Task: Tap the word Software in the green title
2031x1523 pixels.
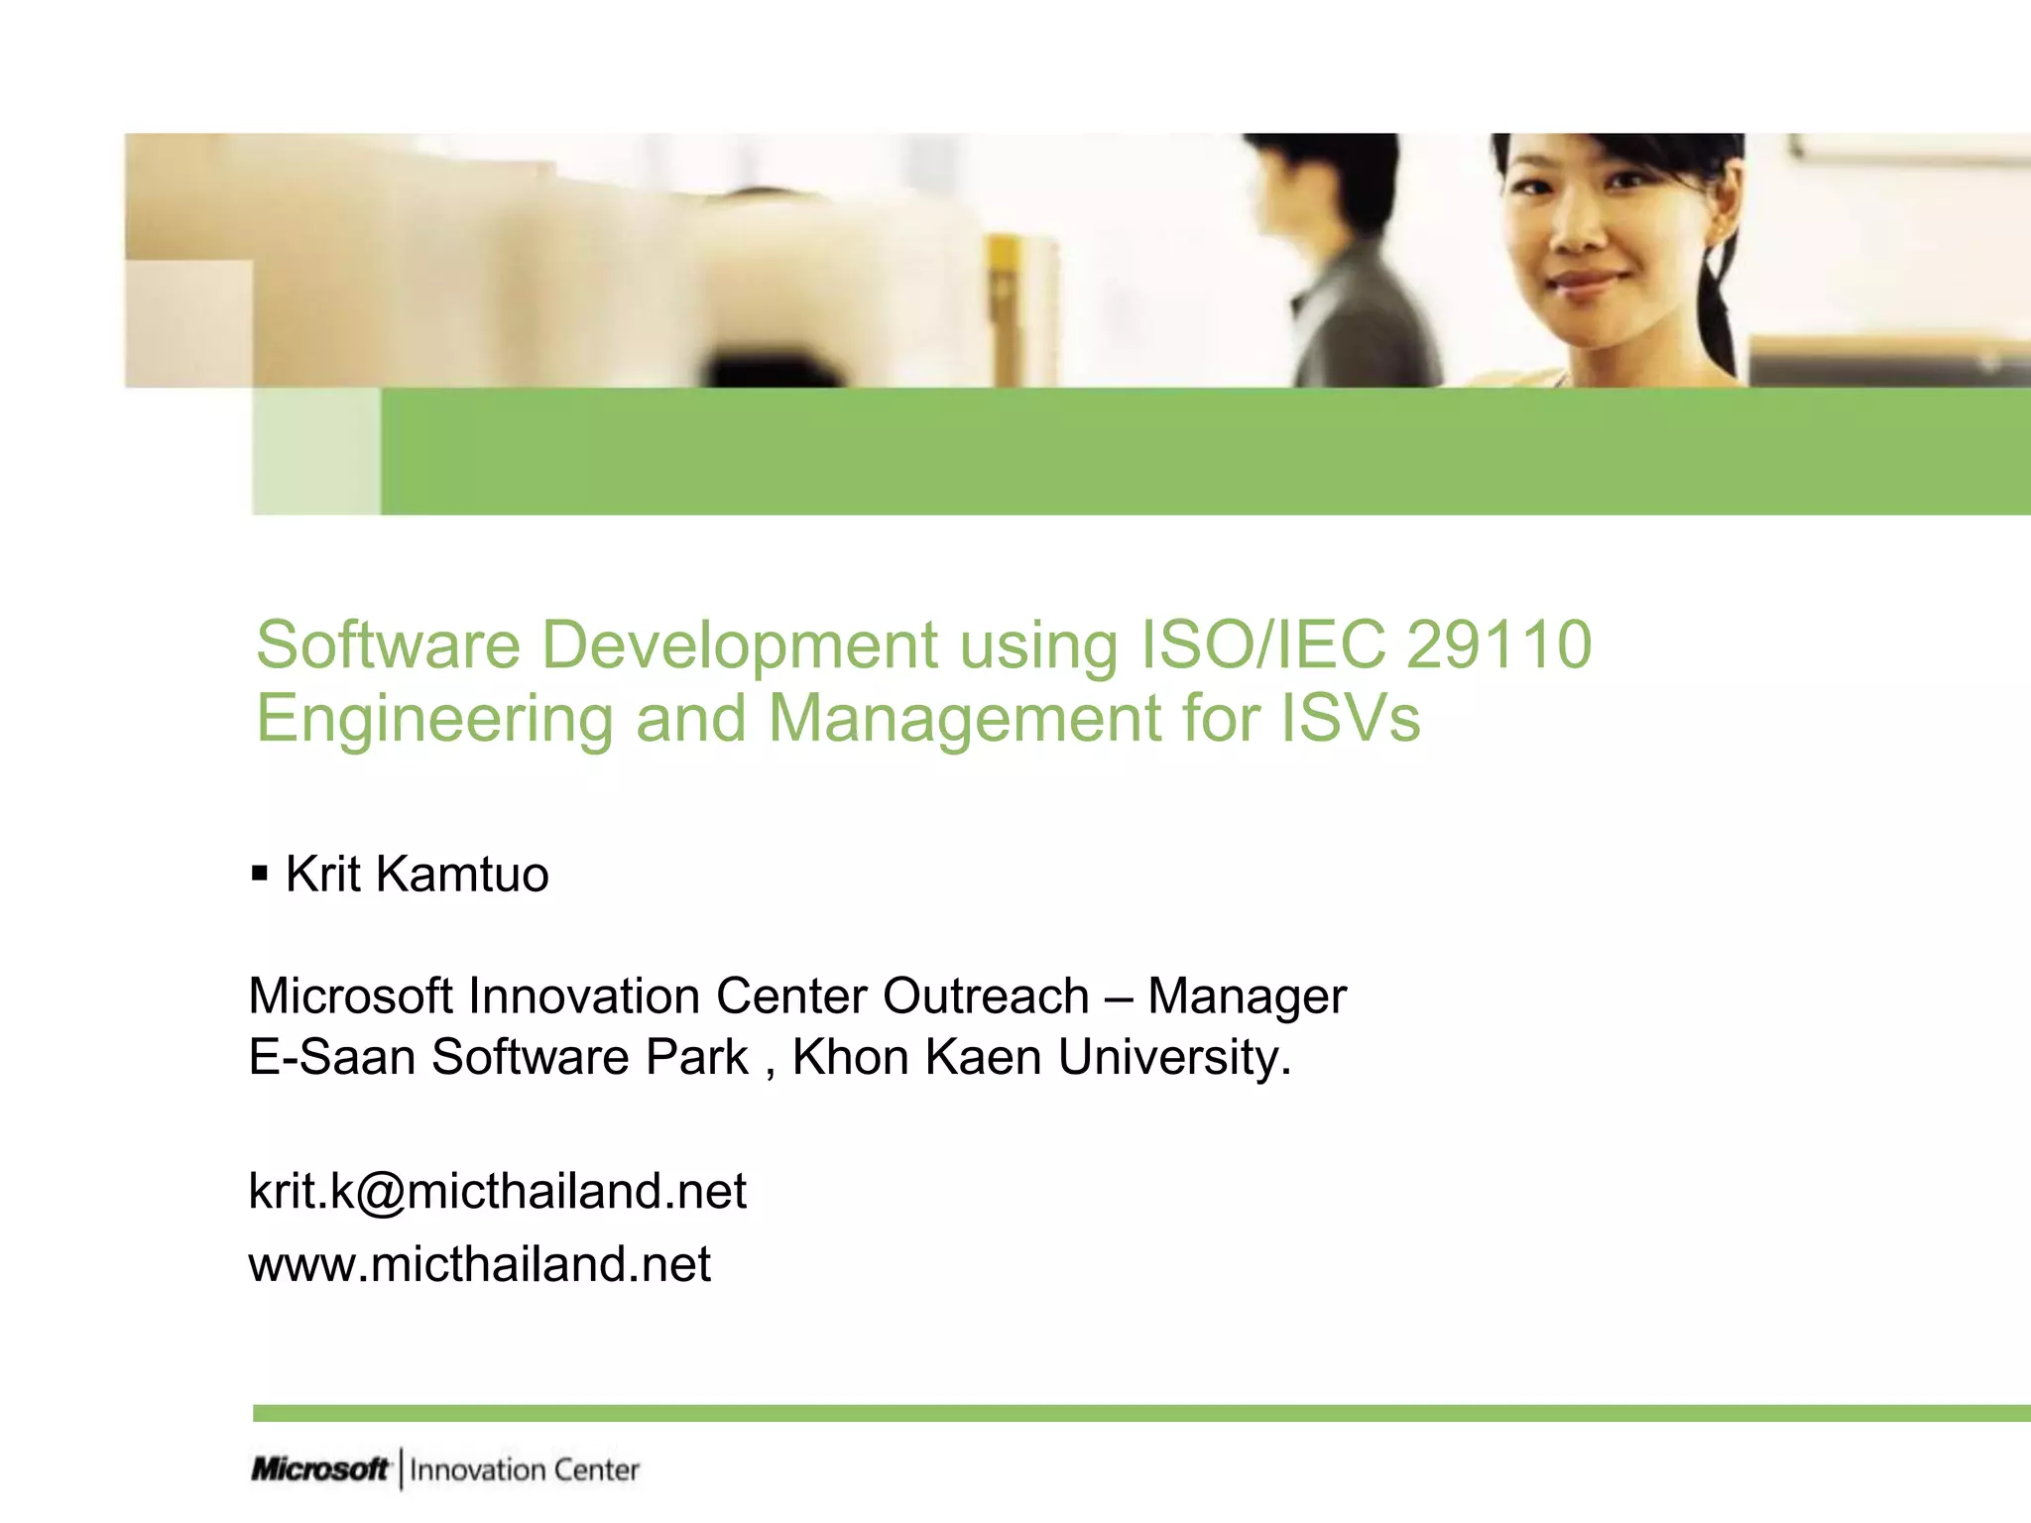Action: pos(388,645)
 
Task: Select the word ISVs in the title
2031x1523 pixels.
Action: pos(1350,718)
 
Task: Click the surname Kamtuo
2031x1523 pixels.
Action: pos(462,875)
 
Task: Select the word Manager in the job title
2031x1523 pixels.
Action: pos(1247,996)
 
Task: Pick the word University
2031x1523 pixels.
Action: pos(1174,1058)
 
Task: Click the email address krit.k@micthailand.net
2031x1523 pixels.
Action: pos(497,1191)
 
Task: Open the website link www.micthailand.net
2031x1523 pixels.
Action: pos(479,1265)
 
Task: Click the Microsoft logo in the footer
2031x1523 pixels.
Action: pos(319,1469)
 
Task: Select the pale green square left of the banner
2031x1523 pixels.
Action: pos(316,451)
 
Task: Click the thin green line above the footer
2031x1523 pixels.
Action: pos(1140,1413)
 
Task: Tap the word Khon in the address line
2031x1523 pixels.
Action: pos(849,1057)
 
